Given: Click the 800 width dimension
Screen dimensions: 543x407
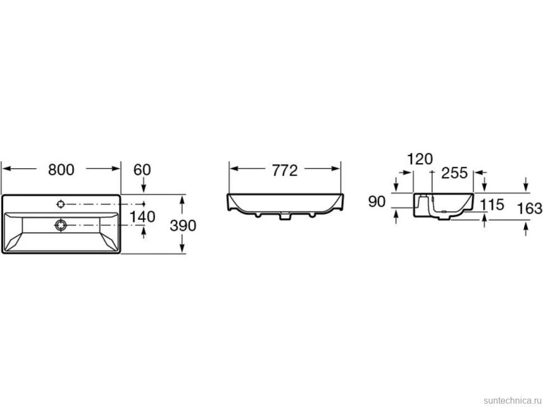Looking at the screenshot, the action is pos(61,169).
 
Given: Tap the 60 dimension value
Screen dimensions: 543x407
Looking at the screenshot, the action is pos(142,169).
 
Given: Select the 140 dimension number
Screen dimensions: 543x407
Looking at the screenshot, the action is pos(142,217).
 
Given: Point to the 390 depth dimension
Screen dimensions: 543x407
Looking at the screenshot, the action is pos(183,225).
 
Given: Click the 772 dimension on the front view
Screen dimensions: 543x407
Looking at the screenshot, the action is pos(285,171).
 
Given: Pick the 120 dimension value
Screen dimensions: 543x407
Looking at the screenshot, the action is pos(420,159).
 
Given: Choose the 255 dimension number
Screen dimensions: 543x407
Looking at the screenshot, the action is pos(455,173).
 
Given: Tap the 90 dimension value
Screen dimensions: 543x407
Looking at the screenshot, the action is pos(377,202).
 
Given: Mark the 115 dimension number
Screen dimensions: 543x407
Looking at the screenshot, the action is pos(492,205).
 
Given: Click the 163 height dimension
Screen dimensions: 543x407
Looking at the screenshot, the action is pos(529,209).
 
